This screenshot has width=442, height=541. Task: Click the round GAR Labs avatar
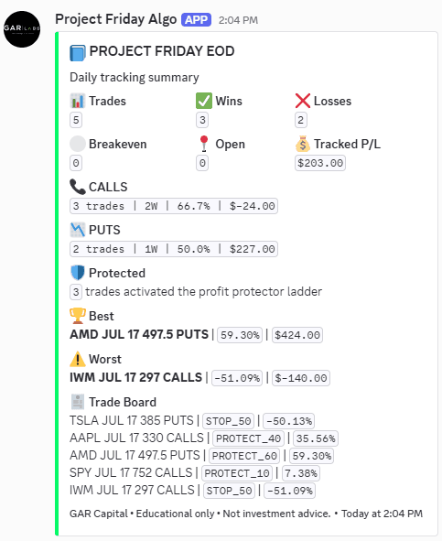coord(22,29)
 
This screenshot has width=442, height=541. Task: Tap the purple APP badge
coord(197,19)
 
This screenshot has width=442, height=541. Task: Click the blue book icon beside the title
coord(77,52)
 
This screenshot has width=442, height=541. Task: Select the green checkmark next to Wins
coord(203,101)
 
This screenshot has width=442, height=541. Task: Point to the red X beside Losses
coord(303,101)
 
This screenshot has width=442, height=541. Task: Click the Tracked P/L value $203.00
coord(320,163)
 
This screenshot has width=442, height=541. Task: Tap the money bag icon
coord(303,144)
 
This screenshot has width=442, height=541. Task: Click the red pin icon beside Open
coord(204,144)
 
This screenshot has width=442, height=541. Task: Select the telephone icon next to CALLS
coord(78,187)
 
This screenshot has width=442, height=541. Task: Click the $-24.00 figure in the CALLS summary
coord(253,206)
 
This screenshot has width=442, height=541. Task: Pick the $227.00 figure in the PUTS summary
coord(253,249)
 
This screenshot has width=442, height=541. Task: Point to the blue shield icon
coord(78,273)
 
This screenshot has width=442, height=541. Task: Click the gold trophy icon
coord(78,316)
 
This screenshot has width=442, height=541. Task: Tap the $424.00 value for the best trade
coord(297,335)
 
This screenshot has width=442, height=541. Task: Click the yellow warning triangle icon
coord(78,359)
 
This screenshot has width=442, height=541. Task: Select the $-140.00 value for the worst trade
coord(301,378)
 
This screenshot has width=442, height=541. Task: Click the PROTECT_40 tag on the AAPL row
coord(248,438)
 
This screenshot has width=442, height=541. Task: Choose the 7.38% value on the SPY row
coord(301,473)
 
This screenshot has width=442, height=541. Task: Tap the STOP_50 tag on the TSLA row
coord(229,421)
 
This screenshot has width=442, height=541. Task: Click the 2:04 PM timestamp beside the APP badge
coord(238,20)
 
